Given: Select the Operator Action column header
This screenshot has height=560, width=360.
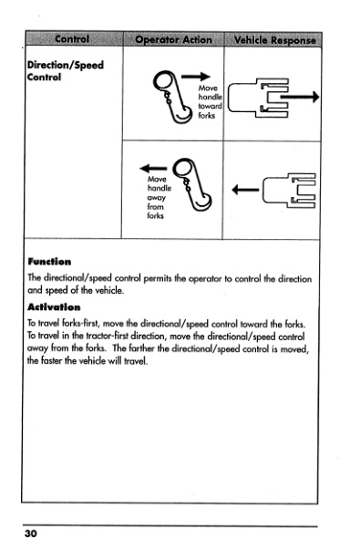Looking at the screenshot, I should pos(172,39).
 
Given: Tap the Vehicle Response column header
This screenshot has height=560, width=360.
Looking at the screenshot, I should pos(274,39).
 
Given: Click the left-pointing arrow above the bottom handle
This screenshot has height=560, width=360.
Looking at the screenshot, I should pos(150,167).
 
